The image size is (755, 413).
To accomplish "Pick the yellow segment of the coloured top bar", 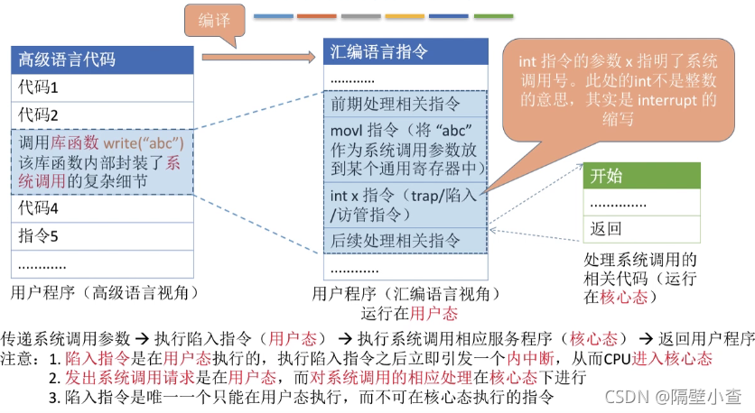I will pyautogui.click(x=405, y=16).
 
